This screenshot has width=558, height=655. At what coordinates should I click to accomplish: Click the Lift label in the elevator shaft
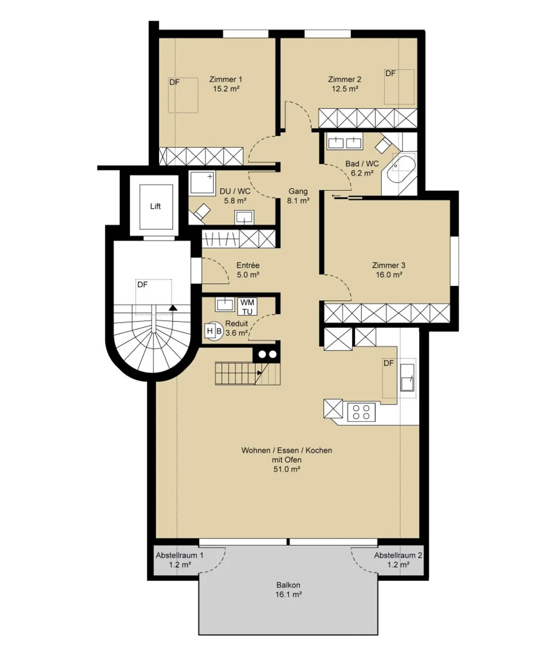point(155,206)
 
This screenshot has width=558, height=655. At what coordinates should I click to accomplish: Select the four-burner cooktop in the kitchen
point(361,412)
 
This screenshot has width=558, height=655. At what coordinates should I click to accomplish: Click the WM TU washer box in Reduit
point(247,307)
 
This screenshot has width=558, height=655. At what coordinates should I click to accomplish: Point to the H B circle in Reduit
point(214,331)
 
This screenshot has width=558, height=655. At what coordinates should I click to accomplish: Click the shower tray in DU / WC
point(202,183)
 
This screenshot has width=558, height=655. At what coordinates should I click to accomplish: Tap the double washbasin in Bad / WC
point(344,142)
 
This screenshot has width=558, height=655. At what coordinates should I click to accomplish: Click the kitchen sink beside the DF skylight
point(407,377)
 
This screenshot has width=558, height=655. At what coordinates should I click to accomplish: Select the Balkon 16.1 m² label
point(288,589)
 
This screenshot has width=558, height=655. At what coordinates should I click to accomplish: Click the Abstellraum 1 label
point(179,560)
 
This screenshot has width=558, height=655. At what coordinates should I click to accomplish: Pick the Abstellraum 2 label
point(398,560)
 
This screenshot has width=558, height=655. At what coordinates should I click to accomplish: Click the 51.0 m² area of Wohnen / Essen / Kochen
point(287,469)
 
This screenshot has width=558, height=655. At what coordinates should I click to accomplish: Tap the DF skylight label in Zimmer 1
point(174,83)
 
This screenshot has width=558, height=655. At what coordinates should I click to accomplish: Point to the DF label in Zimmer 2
point(390,74)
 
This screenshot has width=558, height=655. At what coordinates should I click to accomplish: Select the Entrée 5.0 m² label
point(248,270)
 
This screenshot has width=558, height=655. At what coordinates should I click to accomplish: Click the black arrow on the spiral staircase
point(173,308)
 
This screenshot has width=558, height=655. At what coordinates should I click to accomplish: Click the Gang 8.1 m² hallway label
point(298,196)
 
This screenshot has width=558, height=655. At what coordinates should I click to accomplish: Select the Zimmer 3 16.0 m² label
point(388,270)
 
